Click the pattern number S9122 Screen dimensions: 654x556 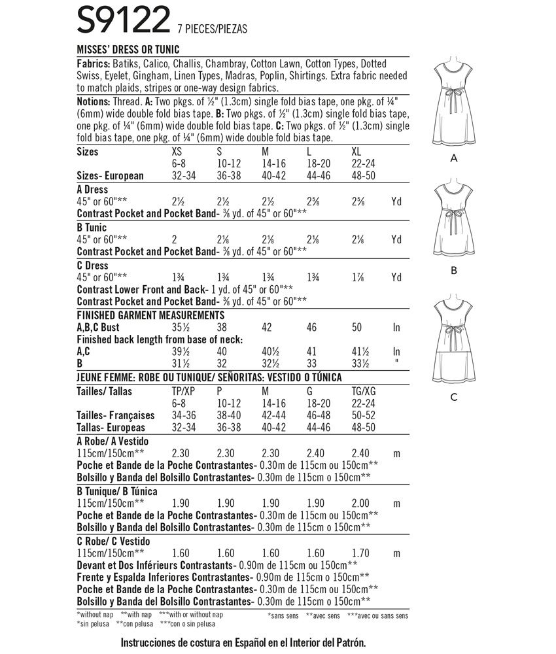tap(124, 22)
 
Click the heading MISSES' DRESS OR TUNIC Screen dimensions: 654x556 tap(128, 50)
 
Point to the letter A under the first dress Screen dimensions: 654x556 tap(453, 158)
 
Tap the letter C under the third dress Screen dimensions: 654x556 tap(453, 397)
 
